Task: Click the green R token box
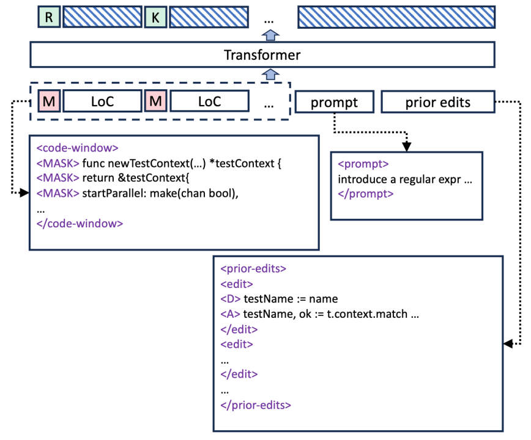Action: pyautogui.click(x=49, y=16)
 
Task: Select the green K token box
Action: pyautogui.click(x=155, y=16)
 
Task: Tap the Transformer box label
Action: pyautogui.click(x=262, y=55)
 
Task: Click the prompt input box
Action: pyautogui.click(x=335, y=101)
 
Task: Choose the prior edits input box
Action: pyautogui.click(x=438, y=101)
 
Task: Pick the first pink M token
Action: pyautogui.click(x=49, y=101)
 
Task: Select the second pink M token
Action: pyautogui.click(x=155, y=101)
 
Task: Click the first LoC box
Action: pyautogui.click(x=102, y=101)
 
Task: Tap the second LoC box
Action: pyautogui.click(x=209, y=101)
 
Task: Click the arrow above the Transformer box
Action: pyautogui.click(x=270, y=35)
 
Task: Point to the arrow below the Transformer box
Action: pyautogui.click(x=270, y=74)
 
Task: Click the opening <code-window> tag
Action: pyautogui.click(x=78, y=148)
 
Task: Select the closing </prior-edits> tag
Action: pyautogui.click(x=256, y=405)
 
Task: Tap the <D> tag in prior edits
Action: pyautogui.click(x=230, y=299)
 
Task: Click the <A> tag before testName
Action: pyautogui.click(x=230, y=314)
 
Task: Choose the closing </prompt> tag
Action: pyautogui.click(x=366, y=194)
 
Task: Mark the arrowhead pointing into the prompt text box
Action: pyautogui.click(x=406, y=147)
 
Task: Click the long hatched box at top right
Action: pyautogui.click(x=396, y=16)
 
